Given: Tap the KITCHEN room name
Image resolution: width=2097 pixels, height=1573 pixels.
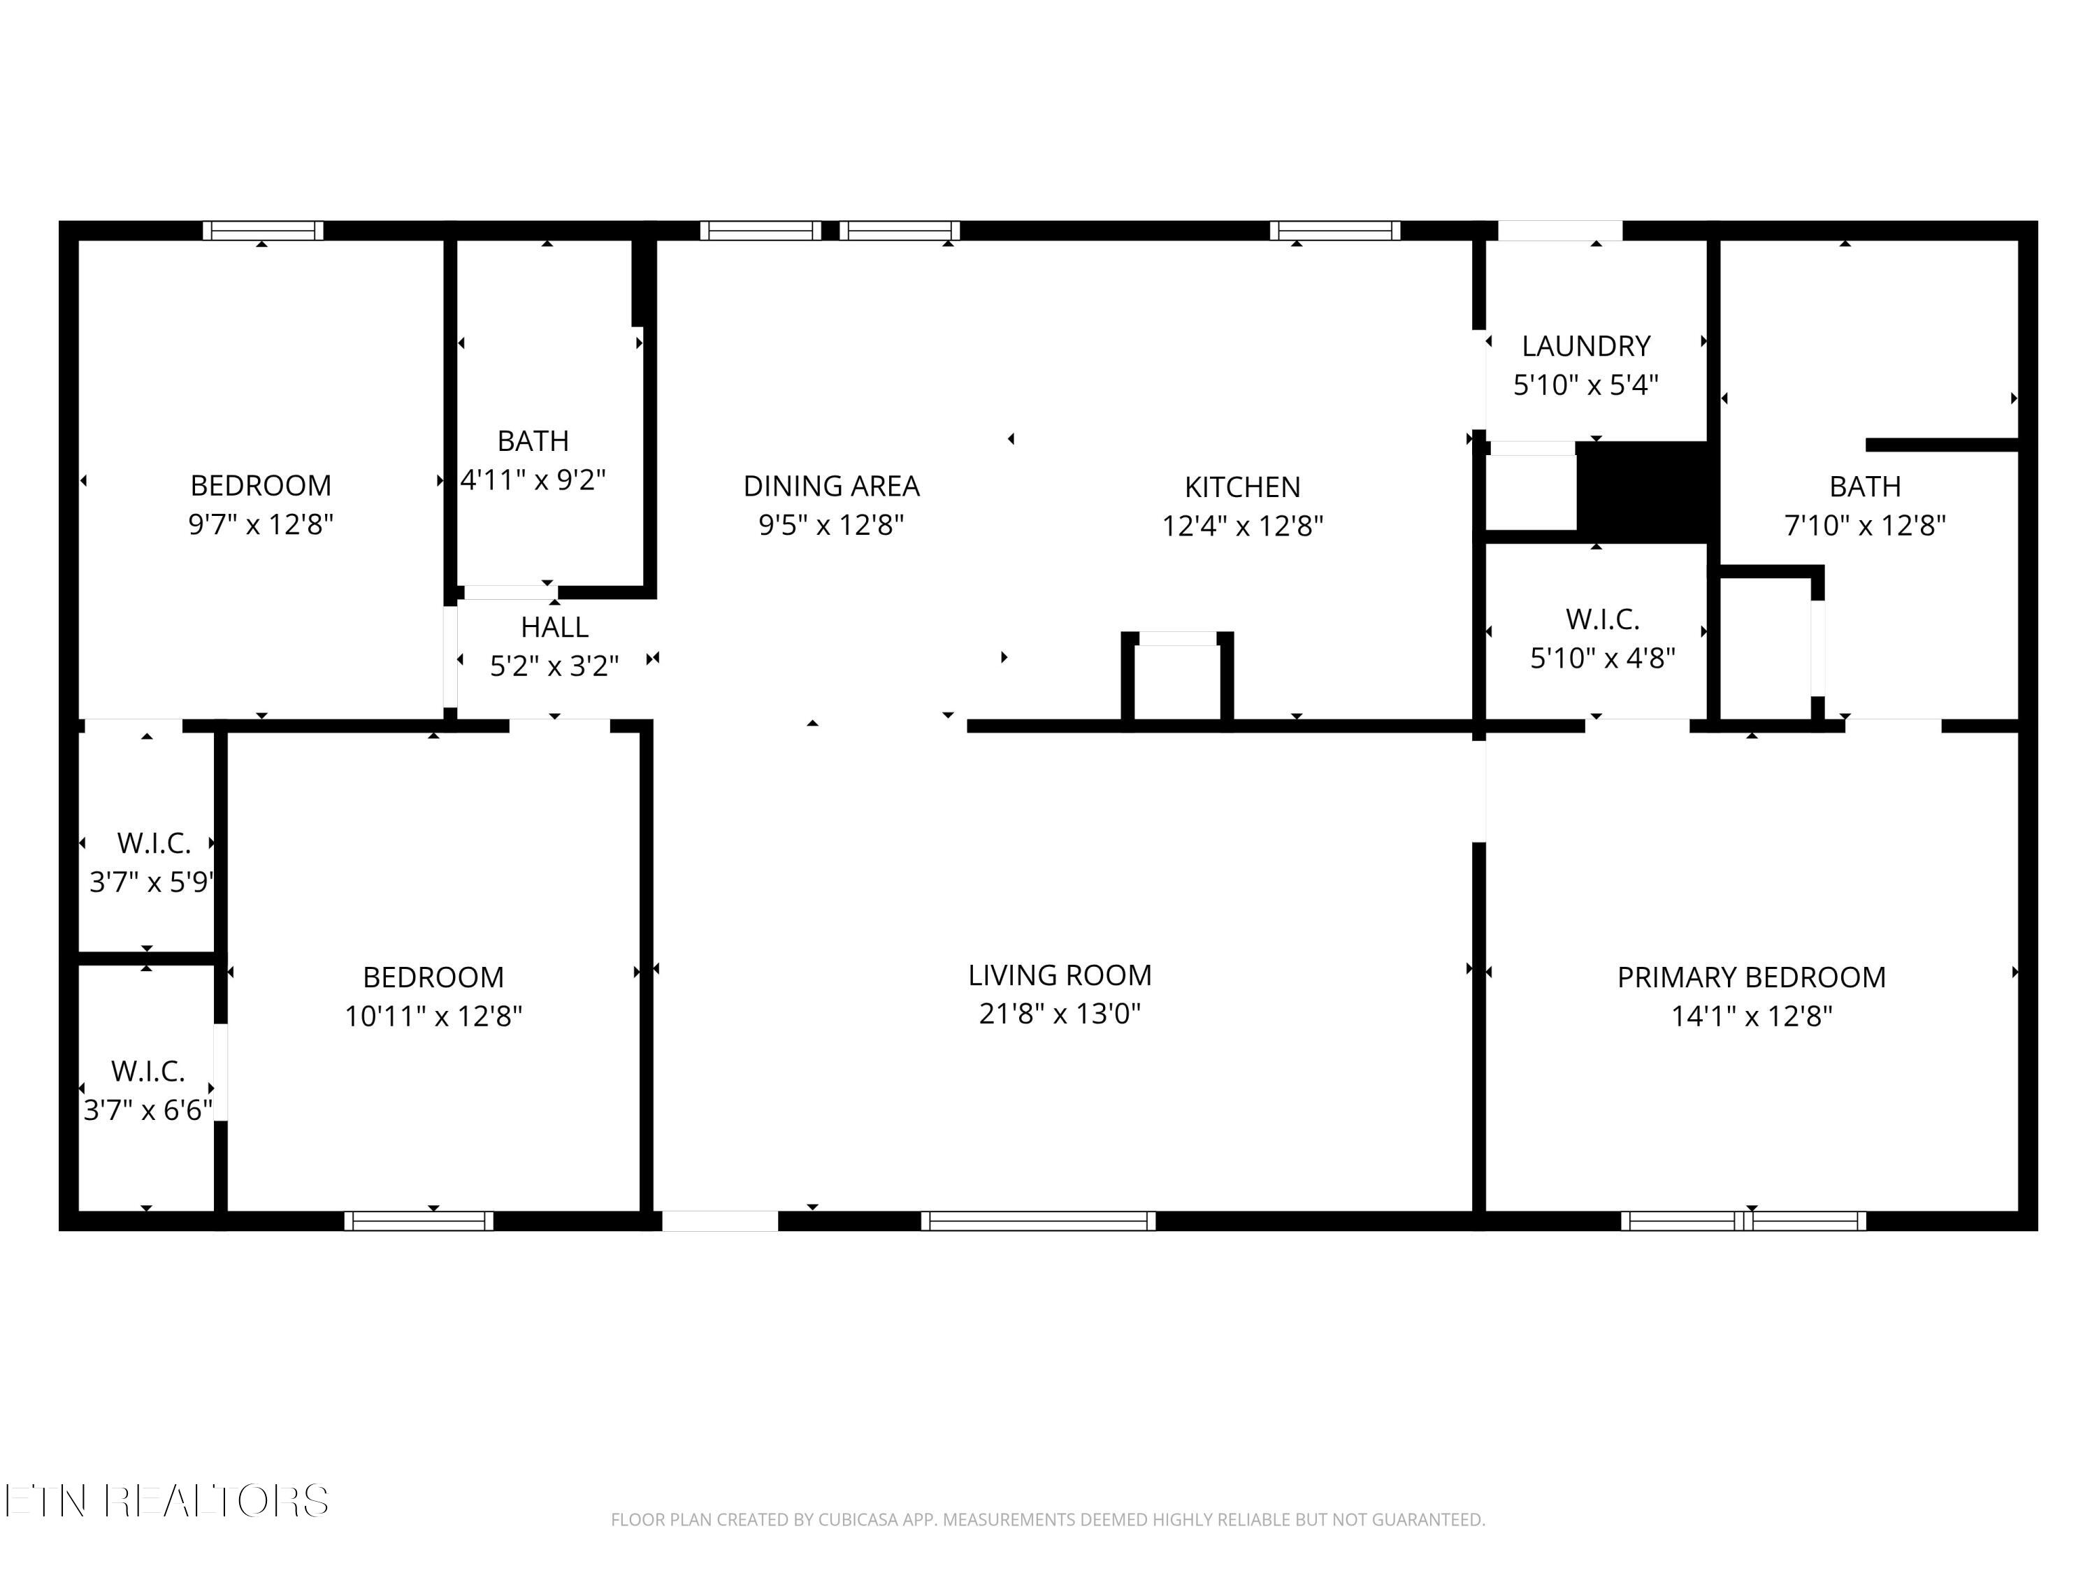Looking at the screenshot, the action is pyautogui.click(x=1242, y=487).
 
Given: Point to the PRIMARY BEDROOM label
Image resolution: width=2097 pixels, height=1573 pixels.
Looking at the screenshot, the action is pyautogui.click(x=1751, y=977).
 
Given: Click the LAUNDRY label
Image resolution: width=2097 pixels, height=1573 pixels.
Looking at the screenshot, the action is pyautogui.click(x=1586, y=346).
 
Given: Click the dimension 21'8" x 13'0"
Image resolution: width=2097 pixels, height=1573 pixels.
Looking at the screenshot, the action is pyautogui.click(x=1060, y=1014).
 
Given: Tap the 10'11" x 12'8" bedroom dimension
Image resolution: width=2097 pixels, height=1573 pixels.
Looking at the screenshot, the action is pyautogui.click(x=433, y=1017).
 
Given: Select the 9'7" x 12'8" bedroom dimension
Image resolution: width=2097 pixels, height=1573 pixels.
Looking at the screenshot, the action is pyautogui.click(x=261, y=524).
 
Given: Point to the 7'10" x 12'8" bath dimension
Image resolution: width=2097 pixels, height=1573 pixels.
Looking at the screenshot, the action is pyautogui.click(x=1865, y=525).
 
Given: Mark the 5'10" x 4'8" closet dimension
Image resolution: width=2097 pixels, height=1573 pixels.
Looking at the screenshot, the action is pyautogui.click(x=1603, y=658).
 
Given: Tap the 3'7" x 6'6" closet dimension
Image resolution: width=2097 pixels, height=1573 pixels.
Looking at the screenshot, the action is pyautogui.click(x=148, y=1109).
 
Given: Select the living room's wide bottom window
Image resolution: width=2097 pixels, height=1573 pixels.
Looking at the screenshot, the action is pyautogui.click(x=1038, y=1221).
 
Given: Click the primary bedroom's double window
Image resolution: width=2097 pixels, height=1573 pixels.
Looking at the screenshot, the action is pyautogui.click(x=1743, y=1221).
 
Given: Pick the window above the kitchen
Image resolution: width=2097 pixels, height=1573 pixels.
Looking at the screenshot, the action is pyautogui.click(x=1335, y=231).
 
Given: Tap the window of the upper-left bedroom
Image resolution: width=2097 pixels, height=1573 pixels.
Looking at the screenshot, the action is pyautogui.click(x=264, y=231).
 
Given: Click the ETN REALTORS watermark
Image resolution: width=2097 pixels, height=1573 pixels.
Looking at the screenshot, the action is pyautogui.click(x=167, y=1501).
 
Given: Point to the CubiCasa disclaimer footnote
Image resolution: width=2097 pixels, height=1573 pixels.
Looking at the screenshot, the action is pyautogui.click(x=1048, y=1520).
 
